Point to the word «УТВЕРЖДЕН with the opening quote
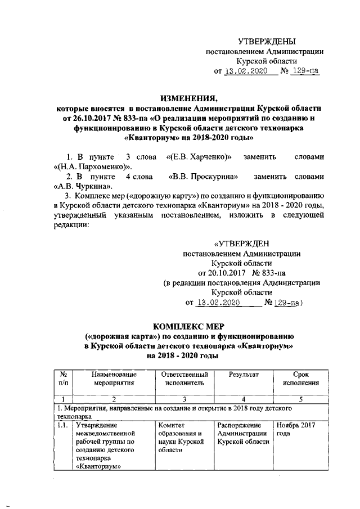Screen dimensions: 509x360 point(242,244)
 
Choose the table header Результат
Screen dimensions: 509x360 point(243,375)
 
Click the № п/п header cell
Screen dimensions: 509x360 point(63,379)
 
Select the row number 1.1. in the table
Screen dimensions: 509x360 point(62,425)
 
